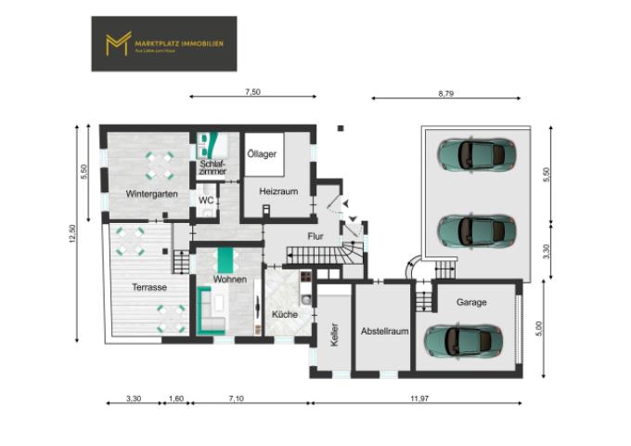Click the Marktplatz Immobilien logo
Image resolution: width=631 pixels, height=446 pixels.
click(x=163, y=44)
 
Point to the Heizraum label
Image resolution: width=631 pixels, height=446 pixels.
click(x=278, y=190)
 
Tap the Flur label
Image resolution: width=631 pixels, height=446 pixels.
click(x=315, y=236)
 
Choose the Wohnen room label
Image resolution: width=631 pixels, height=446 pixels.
click(x=229, y=279)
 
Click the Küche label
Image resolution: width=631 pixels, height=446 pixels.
click(x=284, y=315)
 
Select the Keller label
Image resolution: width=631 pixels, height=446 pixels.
click(x=334, y=334)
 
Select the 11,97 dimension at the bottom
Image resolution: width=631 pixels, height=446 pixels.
click(x=416, y=399)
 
